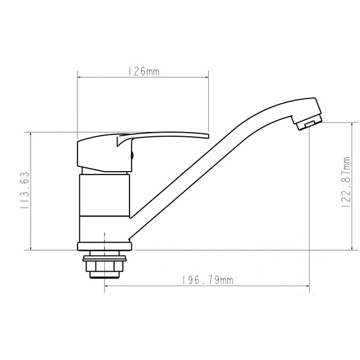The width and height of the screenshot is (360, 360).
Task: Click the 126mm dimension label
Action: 144,71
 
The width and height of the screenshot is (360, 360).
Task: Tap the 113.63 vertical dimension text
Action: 25,190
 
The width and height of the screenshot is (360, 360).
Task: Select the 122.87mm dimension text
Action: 346,182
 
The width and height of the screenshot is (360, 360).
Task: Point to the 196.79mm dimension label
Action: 208,280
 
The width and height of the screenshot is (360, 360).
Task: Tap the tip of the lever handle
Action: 208,136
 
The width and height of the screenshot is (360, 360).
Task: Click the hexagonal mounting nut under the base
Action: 104,266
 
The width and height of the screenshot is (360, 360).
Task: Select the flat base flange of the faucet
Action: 104,247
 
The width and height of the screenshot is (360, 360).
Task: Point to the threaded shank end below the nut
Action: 104,275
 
